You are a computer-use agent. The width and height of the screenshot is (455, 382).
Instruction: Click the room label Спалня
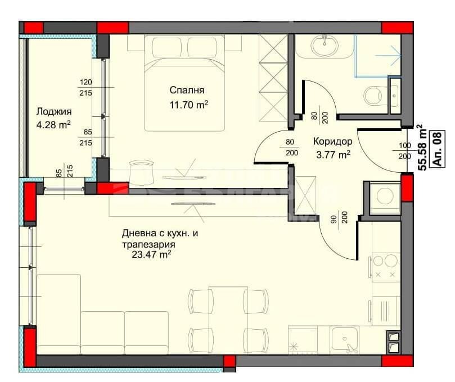click(x=187, y=90)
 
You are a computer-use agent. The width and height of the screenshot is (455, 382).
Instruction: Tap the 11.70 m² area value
click(x=189, y=104)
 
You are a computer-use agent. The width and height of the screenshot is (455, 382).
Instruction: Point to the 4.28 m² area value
click(x=53, y=124)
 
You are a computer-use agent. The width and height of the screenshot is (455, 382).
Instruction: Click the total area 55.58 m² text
click(x=421, y=148)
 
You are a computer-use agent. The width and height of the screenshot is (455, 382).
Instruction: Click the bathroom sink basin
click(x=325, y=46)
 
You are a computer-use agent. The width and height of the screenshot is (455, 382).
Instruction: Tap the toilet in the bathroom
click(x=375, y=95)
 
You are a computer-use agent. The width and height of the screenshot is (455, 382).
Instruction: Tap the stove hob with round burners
click(x=384, y=267)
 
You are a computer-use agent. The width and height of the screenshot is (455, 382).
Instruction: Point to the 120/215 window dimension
click(x=85, y=87)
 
